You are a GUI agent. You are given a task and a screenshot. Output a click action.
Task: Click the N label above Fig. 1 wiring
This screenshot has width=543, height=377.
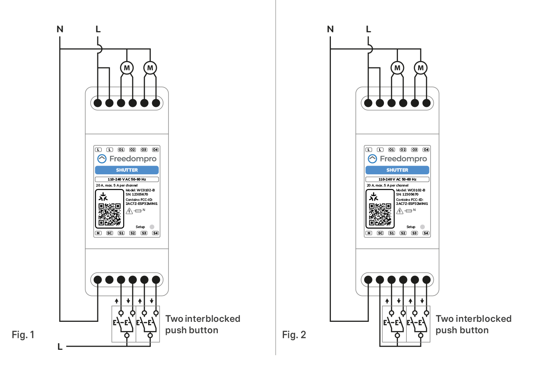click(60, 30)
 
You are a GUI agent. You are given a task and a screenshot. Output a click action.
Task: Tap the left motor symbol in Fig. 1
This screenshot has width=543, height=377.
click(127, 68)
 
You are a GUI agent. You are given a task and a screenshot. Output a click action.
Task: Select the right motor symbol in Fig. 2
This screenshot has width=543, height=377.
click(421, 68)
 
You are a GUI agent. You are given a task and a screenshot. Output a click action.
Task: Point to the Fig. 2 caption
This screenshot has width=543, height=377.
click(294, 335)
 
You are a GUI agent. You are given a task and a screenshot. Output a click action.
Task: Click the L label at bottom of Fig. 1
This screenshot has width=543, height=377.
click(60, 347)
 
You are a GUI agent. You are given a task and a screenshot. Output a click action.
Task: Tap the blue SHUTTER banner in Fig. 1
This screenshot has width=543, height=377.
click(127, 170)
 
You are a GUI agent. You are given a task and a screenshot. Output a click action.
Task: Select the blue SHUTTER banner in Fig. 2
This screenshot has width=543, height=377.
click(397, 170)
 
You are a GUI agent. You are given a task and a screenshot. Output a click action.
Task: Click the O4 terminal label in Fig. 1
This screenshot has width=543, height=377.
click(155, 150)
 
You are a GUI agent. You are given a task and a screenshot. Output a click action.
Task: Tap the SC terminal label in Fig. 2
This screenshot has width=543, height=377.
click(380, 233)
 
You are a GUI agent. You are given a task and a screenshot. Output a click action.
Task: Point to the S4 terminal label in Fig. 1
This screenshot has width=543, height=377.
click(155, 233)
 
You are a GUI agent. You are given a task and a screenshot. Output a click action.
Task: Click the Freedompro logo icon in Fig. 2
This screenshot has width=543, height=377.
click(372, 159)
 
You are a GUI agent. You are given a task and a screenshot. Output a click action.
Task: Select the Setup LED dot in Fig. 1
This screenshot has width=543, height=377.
click(152, 227)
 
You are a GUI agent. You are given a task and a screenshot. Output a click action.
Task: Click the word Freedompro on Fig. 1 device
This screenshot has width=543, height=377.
click(133, 159)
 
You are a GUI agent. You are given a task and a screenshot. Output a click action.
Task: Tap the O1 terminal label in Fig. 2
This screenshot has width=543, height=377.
click(391, 150)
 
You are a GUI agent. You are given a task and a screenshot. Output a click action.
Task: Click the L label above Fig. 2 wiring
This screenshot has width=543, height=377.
click(368, 30)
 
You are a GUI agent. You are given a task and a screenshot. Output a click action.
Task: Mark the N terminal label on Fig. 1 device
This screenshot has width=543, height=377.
click(98, 233)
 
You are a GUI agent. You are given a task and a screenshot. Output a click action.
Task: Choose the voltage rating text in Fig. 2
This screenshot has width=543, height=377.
click(397, 180)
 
